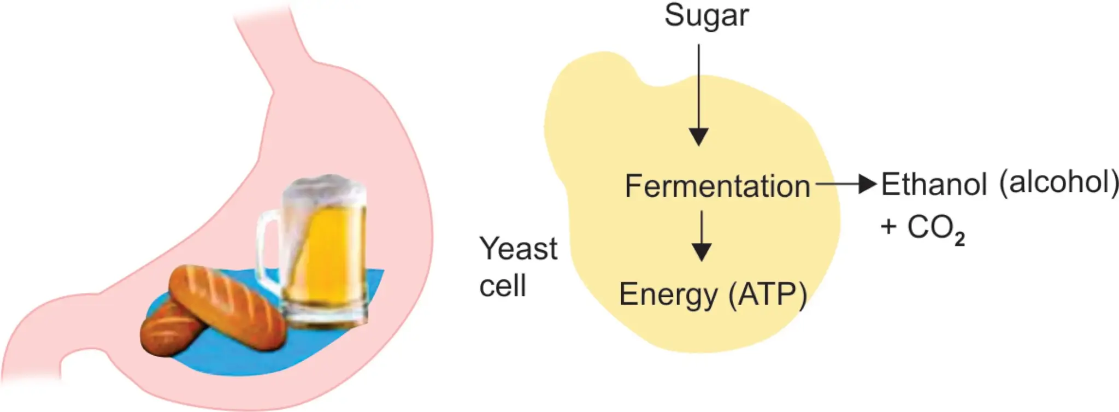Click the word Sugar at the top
coord(706,15)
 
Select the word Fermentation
coord(717,186)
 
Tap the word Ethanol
coord(934,184)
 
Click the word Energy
coord(668,295)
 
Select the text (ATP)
coord(767,295)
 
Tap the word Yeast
coord(519,249)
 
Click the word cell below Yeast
coord(502,285)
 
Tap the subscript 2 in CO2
coord(959,239)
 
